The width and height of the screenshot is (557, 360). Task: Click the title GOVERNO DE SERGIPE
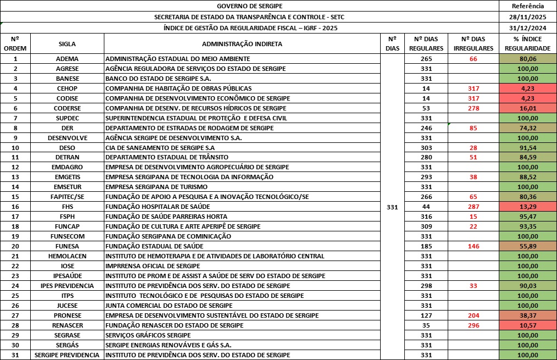[x=249, y=6]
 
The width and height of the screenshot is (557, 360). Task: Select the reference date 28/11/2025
[x=527, y=17]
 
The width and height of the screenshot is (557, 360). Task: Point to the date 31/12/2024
[x=527, y=28]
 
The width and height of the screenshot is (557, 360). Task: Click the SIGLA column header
[x=67, y=43]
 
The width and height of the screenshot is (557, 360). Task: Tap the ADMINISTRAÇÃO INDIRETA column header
[x=242, y=43]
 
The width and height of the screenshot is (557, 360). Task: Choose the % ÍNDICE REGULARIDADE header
[x=527, y=43]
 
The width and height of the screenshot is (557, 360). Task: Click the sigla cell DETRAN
[x=67, y=157]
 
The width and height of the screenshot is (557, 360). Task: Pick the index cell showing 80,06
[x=527, y=59]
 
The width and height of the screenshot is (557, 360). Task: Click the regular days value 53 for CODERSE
[x=426, y=108]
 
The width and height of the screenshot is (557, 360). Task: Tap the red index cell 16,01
[x=527, y=108]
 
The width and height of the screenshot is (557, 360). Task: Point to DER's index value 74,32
[x=527, y=128]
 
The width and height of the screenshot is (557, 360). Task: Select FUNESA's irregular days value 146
[x=474, y=246]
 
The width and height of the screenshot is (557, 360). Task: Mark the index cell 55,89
[x=527, y=246]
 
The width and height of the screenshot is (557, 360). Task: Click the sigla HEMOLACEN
[x=67, y=256]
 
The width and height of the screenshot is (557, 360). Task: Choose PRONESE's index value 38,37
[x=527, y=315]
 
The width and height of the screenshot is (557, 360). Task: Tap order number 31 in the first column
[x=15, y=355]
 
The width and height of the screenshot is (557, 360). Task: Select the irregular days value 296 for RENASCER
[x=474, y=325]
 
